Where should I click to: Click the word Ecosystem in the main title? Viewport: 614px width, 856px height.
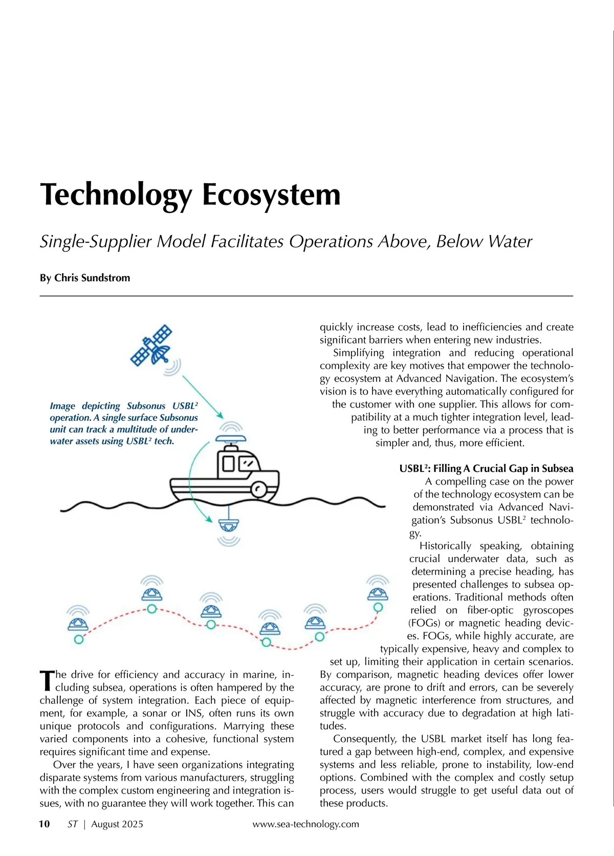pos(271,195)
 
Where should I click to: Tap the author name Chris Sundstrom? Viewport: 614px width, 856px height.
pos(92,278)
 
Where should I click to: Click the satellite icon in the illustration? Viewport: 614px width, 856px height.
pos(152,345)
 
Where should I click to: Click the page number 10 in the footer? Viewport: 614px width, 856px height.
pos(45,824)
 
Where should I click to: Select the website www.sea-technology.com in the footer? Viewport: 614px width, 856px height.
pos(305,824)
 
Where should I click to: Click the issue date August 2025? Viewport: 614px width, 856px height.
pos(117,824)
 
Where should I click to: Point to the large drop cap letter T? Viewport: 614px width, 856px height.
pos(47,680)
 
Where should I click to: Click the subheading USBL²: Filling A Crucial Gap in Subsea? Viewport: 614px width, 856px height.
pos(486,468)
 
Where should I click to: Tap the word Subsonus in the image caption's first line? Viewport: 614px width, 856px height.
pos(146,406)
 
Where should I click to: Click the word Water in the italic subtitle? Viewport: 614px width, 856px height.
pos(509,241)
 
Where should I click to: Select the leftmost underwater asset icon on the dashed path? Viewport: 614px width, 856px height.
pos(78,624)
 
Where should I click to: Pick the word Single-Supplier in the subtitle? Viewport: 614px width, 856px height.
pos(96,241)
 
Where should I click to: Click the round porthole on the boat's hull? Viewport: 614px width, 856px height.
pos(259,489)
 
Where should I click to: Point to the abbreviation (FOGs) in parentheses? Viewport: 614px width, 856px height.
pos(424,623)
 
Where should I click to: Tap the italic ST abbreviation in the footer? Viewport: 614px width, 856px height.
pos(73,824)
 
